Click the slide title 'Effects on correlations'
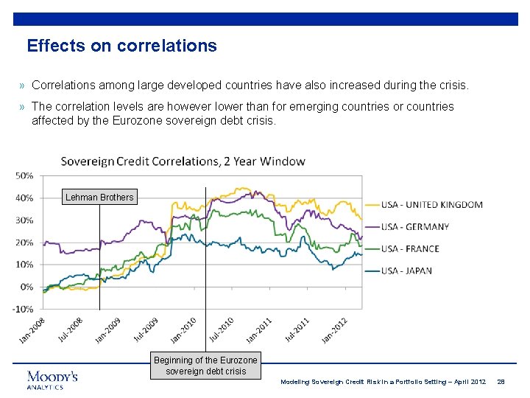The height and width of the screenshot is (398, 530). click(x=121, y=46)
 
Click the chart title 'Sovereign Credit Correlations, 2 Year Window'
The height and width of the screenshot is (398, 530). click(x=183, y=161)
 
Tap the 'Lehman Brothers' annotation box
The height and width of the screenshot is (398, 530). click(x=99, y=197)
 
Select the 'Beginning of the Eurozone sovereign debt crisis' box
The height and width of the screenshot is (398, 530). click(x=205, y=366)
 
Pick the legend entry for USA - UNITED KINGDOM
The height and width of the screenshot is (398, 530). click(x=431, y=204)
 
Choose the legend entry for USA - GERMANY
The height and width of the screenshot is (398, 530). click(x=414, y=226)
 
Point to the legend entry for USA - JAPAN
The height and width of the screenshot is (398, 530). click(x=406, y=270)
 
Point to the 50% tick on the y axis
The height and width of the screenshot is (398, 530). click(x=24, y=175)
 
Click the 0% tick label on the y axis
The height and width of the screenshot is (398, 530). click(x=26, y=287)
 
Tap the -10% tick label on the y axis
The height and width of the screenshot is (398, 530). click(x=24, y=309)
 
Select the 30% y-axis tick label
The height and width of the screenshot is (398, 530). click(x=24, y=220)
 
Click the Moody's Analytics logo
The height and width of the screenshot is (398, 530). click(x=52, y=380)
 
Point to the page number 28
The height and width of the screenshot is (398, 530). click(x=501, y=381)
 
